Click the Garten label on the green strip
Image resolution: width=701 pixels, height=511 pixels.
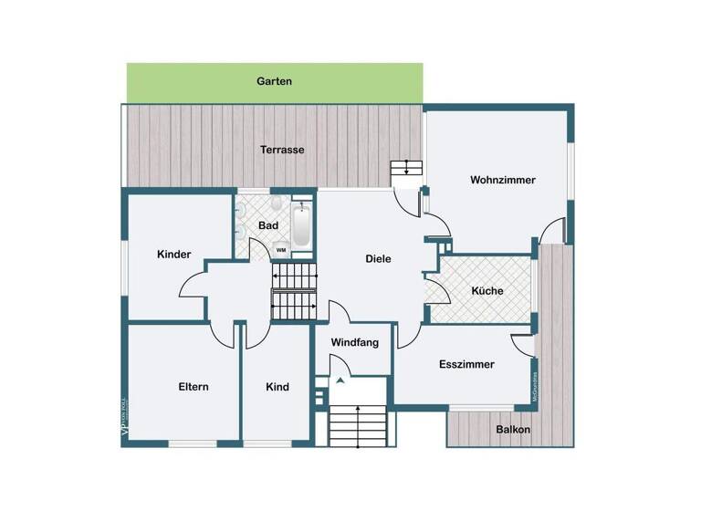(274, 81)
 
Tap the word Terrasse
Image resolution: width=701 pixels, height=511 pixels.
(282, 150)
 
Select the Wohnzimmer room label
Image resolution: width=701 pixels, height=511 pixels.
(503, 180)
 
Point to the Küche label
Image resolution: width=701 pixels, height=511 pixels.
(487, 291)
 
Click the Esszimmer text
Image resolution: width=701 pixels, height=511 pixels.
(466, 364)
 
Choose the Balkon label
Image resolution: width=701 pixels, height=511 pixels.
(513, 429)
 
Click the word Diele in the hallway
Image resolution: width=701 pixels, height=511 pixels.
(378, 258)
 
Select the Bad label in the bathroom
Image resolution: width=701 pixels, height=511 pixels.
(268, 224)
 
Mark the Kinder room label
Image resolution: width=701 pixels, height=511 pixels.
(173, 255)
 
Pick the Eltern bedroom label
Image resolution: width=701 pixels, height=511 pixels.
(194, 387)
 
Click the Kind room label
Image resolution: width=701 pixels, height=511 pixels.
(277, 387)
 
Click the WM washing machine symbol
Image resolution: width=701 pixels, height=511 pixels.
(280, 248)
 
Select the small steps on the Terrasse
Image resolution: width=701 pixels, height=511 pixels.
(406, 168)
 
